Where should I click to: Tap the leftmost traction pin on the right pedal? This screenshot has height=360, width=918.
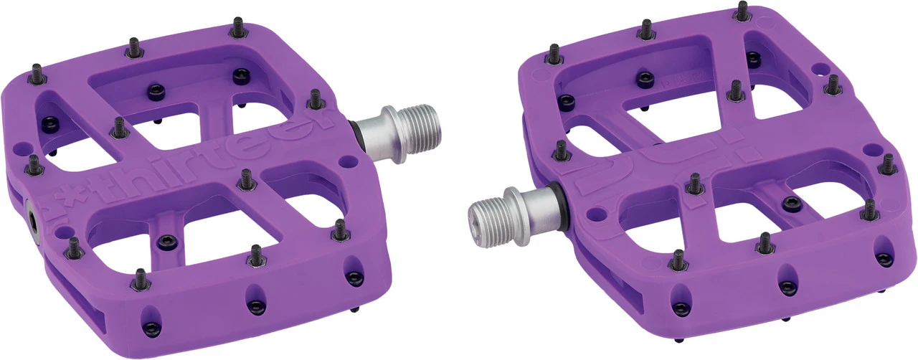click(x=554, y=54)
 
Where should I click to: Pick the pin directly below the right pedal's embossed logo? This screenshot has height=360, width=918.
click(x=694, y=184)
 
